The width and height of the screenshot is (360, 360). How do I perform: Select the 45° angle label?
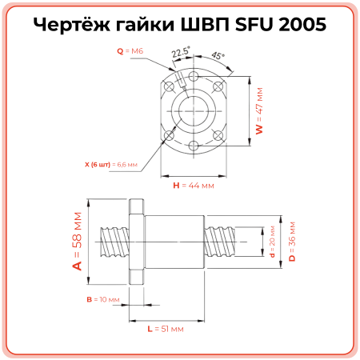[218, 57]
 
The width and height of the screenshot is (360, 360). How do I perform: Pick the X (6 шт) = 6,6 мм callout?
[111, 164]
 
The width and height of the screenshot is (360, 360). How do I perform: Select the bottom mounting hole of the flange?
[194, 146]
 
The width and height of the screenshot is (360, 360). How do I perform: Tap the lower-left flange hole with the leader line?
[169, 133]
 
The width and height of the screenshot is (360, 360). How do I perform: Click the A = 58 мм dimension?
[78, 241]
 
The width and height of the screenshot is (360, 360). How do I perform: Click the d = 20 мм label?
[272, 238]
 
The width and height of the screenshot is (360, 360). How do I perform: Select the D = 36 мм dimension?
[292, 238]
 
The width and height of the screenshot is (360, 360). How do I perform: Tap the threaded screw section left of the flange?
[112, 239]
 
